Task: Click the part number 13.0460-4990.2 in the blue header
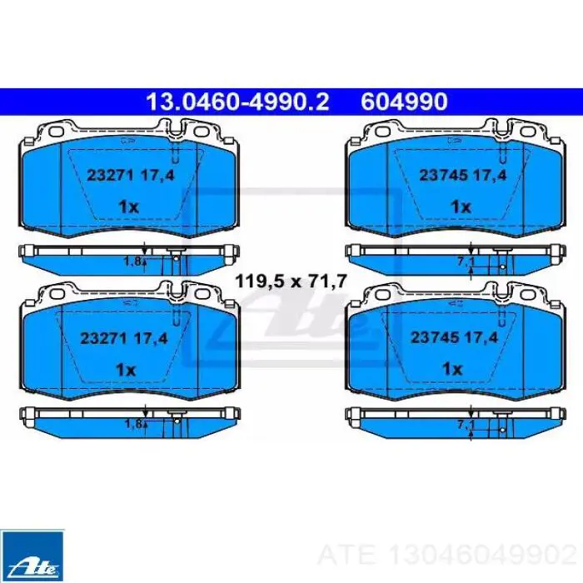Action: click(x=237, y=102)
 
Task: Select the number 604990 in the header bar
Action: click(x=404, y=102)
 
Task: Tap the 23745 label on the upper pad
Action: click(x=441, y=176)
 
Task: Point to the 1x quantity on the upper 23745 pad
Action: click(x=461, y=206)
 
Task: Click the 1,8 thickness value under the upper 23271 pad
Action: click(x=132, y=262)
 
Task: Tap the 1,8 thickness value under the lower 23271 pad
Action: click(x=132, y=423)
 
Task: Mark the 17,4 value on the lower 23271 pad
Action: click(x=152, y=337)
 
